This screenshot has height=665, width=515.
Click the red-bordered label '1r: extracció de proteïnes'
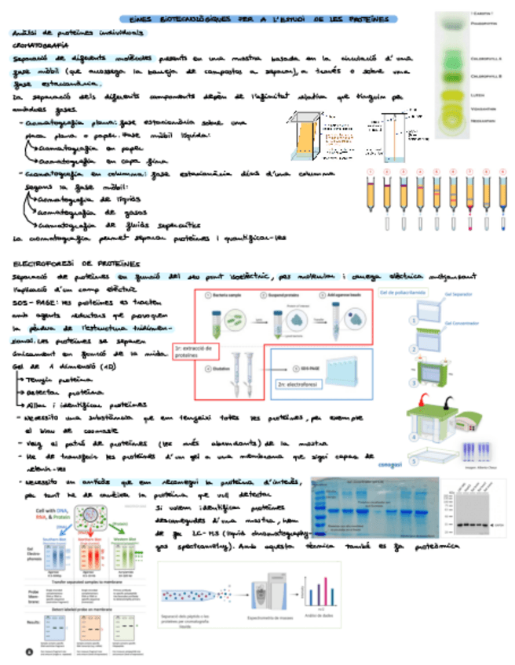pyautogui.click(x=195, y=351)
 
